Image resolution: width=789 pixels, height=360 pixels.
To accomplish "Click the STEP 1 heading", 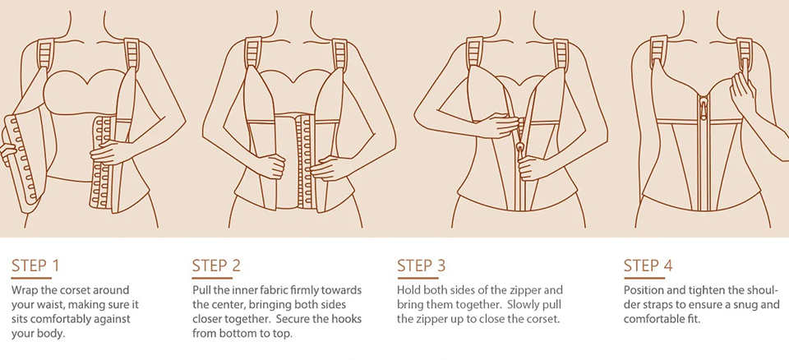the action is click(x=35, y=265).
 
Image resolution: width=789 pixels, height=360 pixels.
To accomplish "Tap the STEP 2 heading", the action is click(x=216, y=265).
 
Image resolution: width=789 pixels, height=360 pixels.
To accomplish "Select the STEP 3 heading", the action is click(x=422, y=265).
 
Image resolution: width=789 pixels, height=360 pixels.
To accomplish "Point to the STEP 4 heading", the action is click(x=648, y=265).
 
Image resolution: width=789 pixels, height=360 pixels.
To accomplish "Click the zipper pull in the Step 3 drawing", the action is click(x=518, y=148).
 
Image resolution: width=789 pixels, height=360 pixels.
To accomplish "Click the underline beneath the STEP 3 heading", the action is click(x=418, y=278).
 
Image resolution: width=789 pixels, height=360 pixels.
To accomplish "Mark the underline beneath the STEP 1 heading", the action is click(x=31, y=278).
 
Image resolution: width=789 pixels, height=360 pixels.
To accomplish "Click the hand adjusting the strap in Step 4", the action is click(x=744, y=93).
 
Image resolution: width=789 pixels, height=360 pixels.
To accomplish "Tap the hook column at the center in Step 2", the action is click(x=303, y=159).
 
